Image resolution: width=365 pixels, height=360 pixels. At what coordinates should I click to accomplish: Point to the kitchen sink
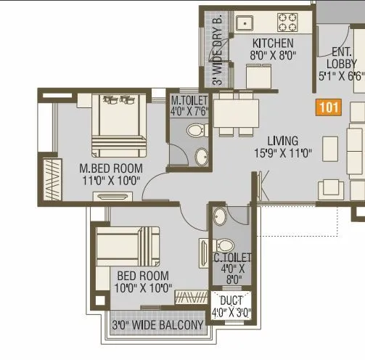(x=245, y=20)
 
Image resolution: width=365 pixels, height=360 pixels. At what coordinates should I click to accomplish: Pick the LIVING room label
(x=282, y=141)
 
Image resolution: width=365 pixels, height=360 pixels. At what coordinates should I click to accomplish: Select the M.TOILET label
(x=189, y=100)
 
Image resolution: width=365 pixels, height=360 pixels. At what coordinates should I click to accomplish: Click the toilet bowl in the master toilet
(x=194, y=131)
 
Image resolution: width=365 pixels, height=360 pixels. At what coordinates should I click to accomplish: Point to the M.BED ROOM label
(x=111, y=168)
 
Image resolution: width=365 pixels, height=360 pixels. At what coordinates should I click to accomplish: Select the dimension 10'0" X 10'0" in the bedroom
(x=143, y=287)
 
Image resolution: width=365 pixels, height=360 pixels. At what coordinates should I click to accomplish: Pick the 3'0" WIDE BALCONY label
(x=157, y=326)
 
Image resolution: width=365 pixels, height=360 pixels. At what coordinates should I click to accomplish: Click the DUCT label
(x=232, y=300)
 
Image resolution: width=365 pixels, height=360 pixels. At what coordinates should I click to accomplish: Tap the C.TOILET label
(x=231, y=258)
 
